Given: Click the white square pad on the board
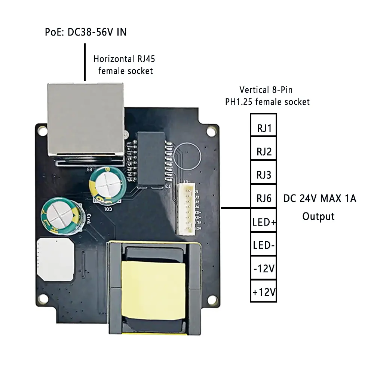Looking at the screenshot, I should point(55,259).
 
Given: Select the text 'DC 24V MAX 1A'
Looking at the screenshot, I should point(319,198).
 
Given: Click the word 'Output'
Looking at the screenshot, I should point(318,216).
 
